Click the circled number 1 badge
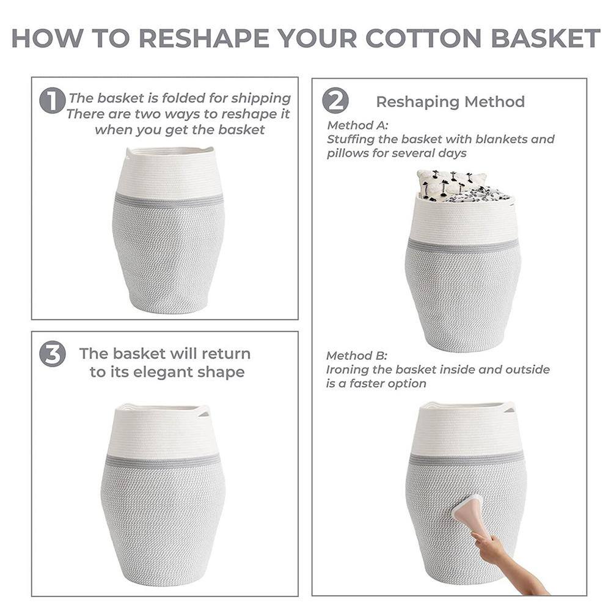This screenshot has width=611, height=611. click(52, 101)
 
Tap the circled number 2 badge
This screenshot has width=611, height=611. click(335, 101)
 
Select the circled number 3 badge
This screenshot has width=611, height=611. click(52, 354)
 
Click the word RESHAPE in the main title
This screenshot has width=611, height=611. click(204, 38)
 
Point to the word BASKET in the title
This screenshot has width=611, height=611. click(546, 38)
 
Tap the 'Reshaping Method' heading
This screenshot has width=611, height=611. click(450, 101)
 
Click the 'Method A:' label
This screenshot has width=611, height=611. click(357, 125)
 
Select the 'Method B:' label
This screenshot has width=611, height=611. click(357, 356)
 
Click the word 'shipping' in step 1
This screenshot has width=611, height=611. click(261, 98)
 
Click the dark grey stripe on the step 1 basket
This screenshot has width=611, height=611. click(169, 200)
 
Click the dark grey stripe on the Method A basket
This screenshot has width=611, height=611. click(463, 246)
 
